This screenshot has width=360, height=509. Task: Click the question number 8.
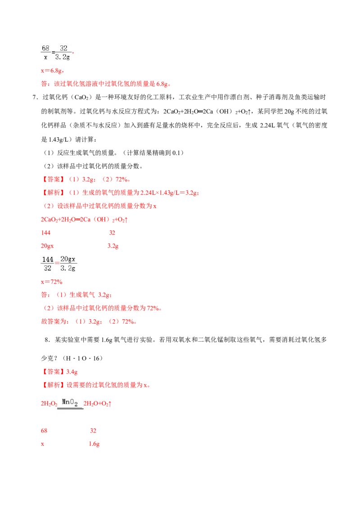(47, 340)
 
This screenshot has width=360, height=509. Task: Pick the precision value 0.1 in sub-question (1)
(176, 152)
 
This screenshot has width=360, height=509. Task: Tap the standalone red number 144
(46, 233)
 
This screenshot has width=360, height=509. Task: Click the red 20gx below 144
(47, 246)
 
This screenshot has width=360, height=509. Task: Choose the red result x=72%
(52, 282)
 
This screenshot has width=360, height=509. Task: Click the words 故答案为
(54, 321)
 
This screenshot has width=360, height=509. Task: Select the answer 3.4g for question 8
(72, 372)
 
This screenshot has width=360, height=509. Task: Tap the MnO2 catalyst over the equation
(70, 402)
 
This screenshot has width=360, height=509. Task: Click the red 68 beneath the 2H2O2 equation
(44, 431)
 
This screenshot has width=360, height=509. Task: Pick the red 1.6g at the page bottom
(94, 444)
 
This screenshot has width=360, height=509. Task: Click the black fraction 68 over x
(45, 52)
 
